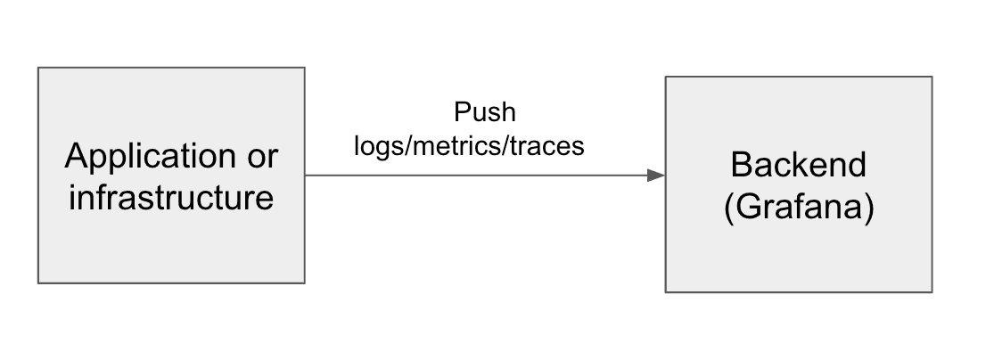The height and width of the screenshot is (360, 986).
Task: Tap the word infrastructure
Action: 171,197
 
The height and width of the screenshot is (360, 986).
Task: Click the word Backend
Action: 798,165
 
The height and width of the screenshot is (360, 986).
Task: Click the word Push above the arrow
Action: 485,112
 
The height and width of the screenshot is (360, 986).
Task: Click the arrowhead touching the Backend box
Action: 657,176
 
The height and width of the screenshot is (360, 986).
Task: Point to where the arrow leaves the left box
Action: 306,176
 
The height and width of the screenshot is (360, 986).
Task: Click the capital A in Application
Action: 76,158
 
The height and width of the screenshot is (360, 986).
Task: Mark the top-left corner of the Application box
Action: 38,68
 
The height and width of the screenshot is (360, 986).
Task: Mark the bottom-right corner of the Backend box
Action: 932,291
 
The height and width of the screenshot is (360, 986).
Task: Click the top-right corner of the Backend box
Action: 932,77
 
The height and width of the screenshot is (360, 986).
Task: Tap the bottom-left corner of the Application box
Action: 38,282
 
